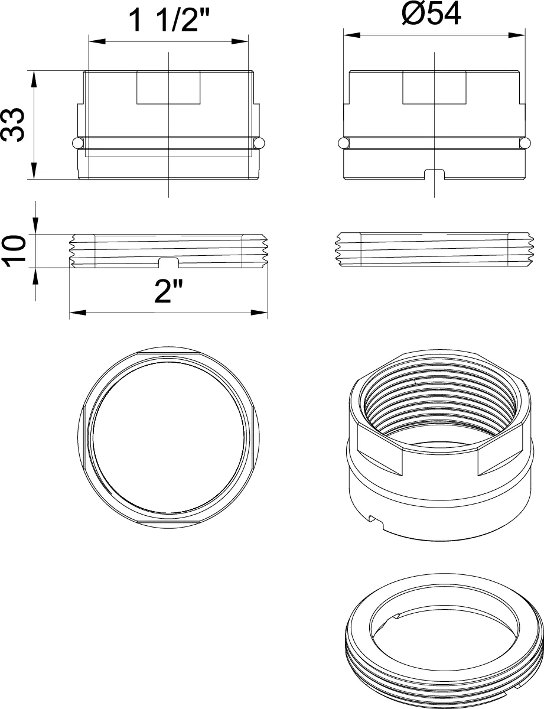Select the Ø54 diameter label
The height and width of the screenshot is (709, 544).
coord(431,14)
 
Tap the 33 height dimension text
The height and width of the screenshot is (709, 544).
coord(13,125)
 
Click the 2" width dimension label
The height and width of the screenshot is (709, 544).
coord(168,291)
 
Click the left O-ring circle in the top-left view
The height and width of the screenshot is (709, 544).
coord(77,143)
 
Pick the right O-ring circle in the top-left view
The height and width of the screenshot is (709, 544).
coord(259,143)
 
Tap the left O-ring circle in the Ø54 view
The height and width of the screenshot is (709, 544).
coord(343,143)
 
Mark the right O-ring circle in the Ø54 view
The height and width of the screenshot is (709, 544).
coord(526,143)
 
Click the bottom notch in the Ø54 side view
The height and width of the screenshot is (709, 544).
coord(434,174)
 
